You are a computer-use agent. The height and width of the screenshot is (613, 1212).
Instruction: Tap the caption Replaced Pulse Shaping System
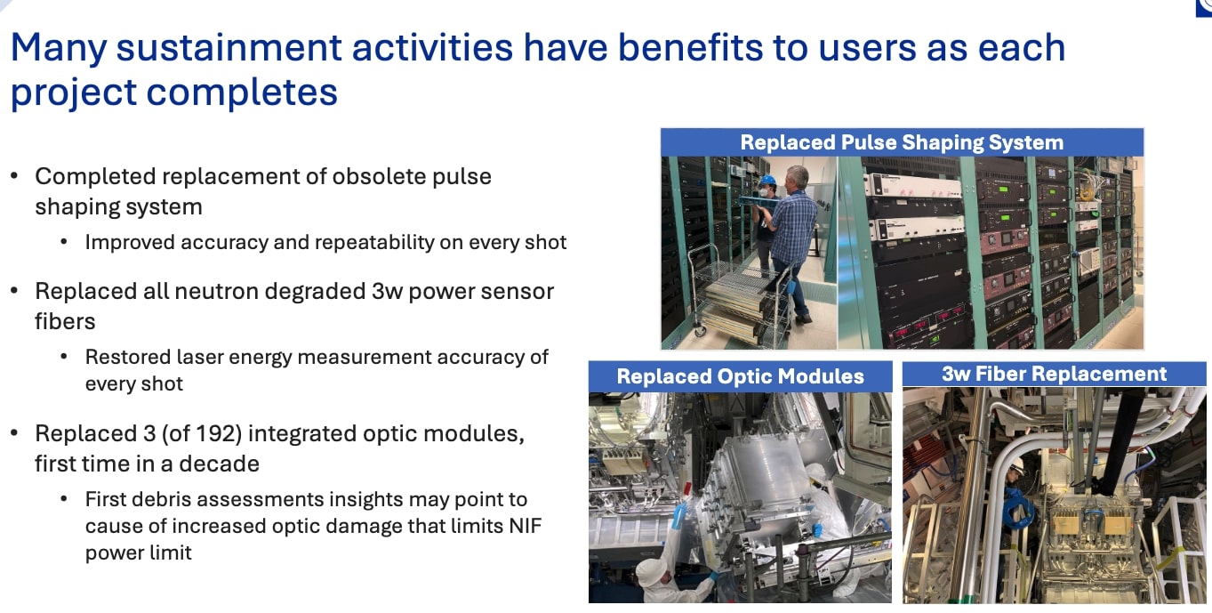tap(901, 142)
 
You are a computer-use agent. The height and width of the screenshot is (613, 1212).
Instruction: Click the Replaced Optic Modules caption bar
tap(740, 376)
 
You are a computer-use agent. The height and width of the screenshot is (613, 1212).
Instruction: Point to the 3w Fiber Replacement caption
tap(1054, 374)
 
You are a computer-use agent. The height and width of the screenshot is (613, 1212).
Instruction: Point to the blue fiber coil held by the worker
tap(1015, 509)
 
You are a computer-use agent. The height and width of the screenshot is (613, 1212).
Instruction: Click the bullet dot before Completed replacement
tap(14, 176)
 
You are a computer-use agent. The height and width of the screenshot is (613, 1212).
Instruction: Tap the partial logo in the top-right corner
tap(1203, 7)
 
